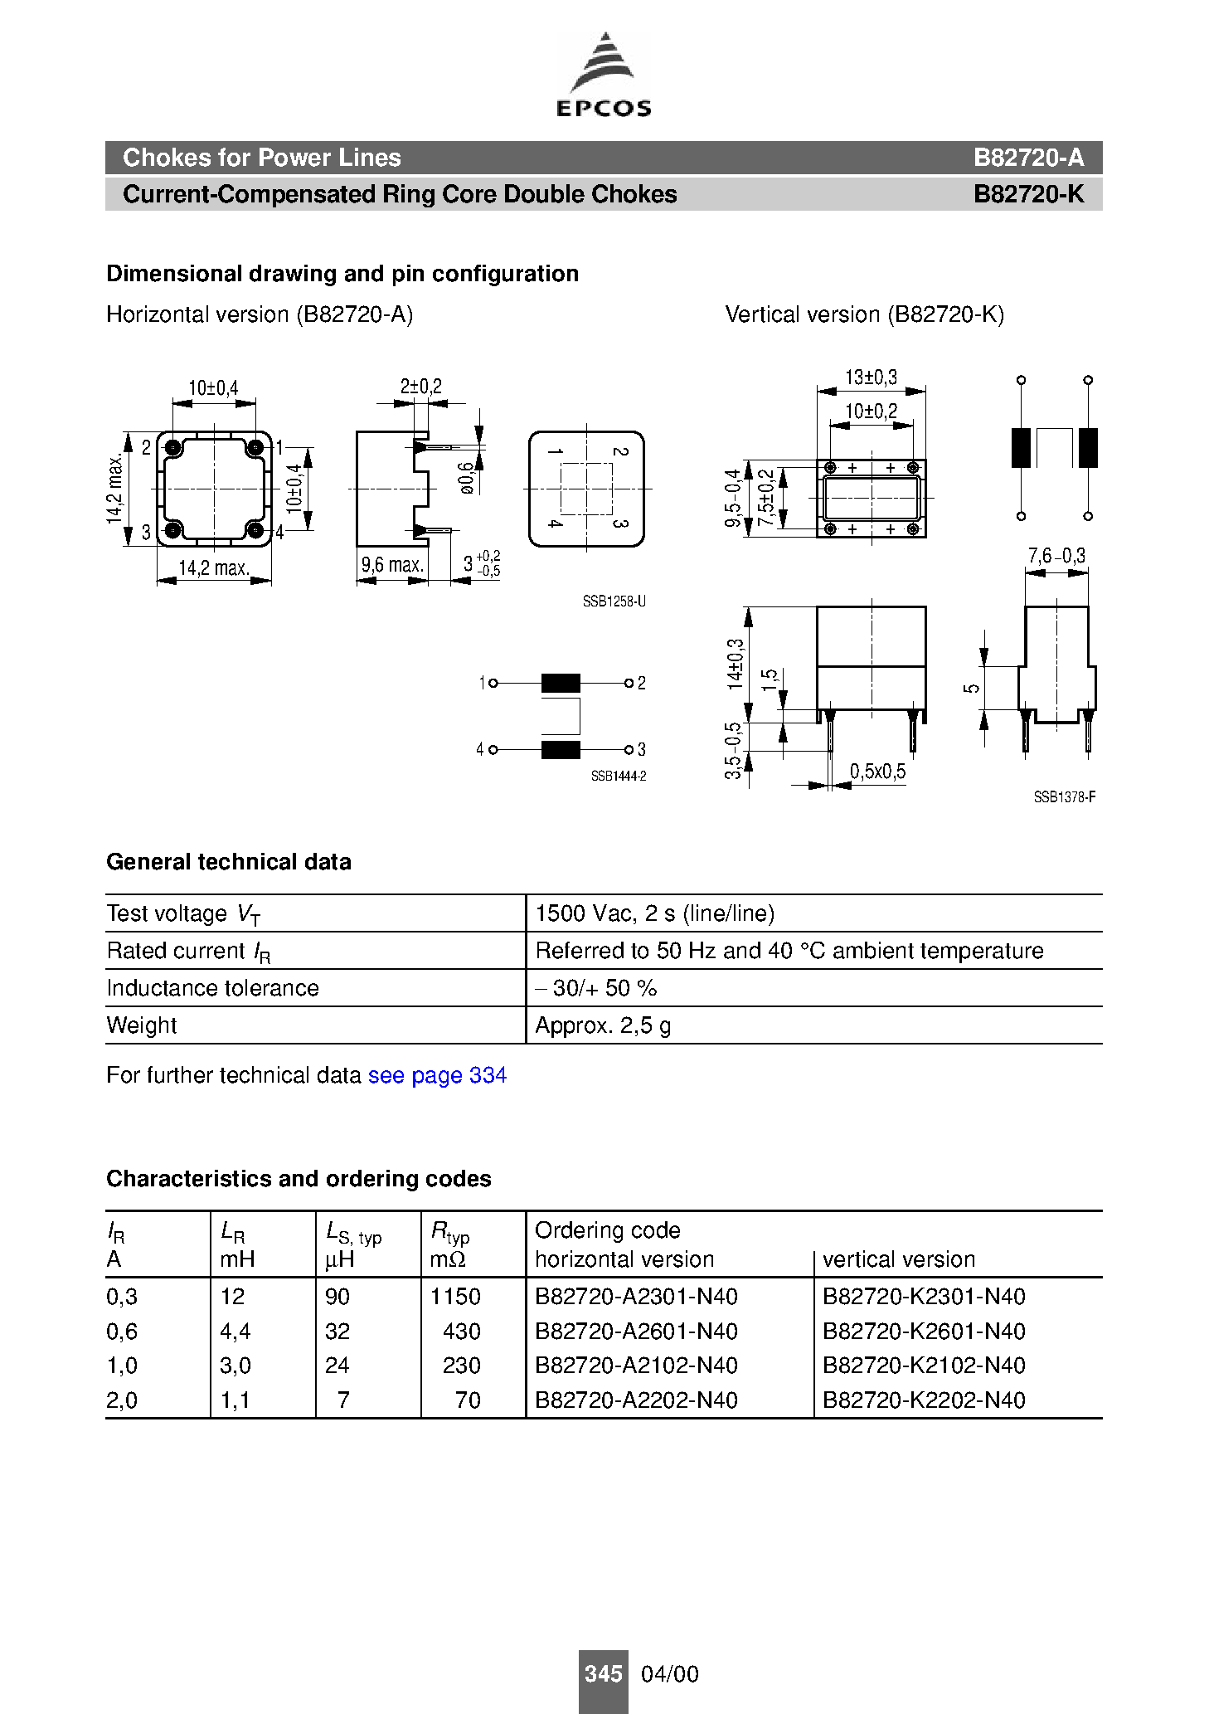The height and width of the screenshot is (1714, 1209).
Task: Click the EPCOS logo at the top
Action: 604,75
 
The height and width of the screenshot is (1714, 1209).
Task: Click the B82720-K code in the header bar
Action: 1027,194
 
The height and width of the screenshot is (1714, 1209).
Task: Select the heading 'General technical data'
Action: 229,862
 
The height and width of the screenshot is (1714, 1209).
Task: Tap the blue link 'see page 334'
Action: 437,1075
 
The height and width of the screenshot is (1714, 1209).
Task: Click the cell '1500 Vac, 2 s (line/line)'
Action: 655,913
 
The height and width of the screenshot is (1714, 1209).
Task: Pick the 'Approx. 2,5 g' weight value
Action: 603,1025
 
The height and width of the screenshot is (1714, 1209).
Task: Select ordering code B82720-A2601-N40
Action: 636,1332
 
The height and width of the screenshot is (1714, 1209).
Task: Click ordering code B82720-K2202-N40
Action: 924,1400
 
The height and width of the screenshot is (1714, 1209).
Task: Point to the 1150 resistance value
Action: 455,1297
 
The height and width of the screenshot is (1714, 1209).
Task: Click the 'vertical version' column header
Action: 899,1259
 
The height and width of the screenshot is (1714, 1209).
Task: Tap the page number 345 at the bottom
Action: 603,1674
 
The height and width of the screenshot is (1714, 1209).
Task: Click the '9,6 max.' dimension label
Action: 392,565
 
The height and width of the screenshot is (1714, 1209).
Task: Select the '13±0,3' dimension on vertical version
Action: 871,377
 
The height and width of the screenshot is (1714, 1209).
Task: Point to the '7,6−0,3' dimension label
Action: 1056,556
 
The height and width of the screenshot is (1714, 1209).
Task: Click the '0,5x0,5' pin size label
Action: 877,772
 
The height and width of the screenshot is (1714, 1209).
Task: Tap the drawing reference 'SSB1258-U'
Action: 614,601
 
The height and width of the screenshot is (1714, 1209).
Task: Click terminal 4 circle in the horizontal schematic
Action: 493,750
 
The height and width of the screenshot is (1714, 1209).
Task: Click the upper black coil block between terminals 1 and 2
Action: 561,683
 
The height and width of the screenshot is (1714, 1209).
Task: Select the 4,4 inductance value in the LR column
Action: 235,1332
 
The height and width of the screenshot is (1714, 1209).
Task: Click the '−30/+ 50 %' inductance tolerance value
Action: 596,988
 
